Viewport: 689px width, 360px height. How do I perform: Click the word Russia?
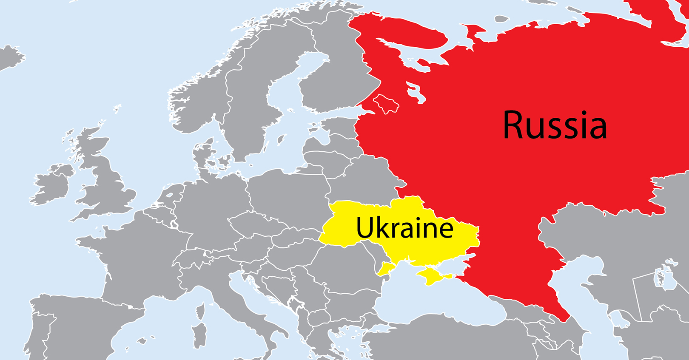[x=555, y=125]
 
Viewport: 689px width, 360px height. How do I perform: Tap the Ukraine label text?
[x=404, y=228]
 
